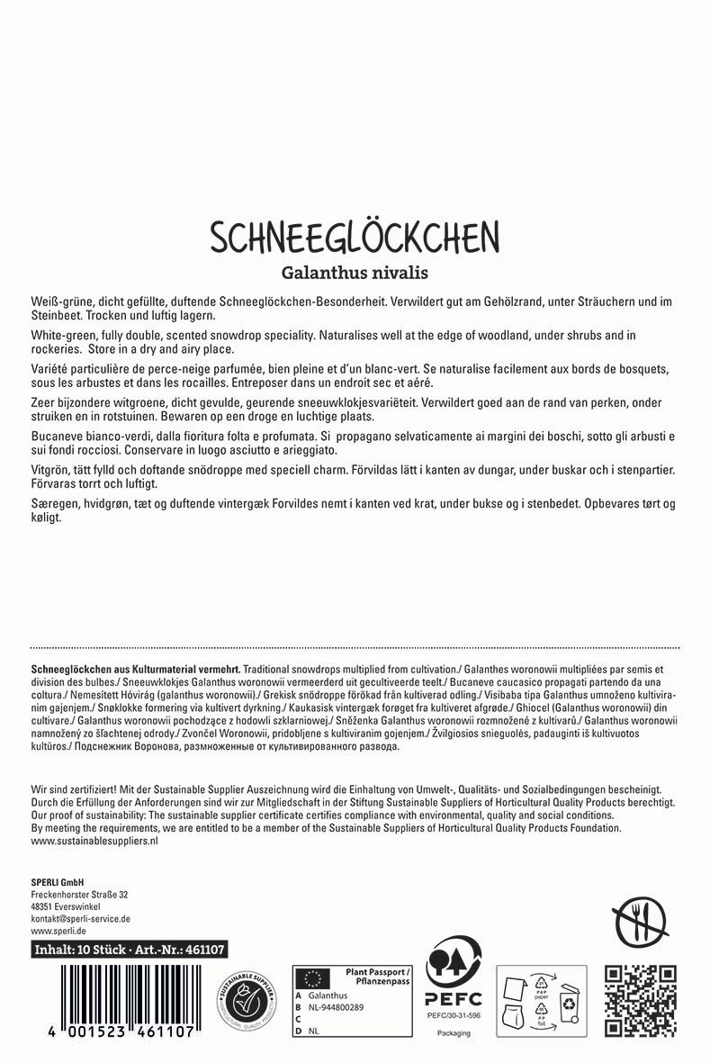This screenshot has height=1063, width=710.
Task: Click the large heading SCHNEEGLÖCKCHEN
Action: click(x=355, y=237)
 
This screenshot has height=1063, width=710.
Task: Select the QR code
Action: click(x=640, y=999)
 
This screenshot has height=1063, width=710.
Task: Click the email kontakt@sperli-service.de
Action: click(x=81, y=919)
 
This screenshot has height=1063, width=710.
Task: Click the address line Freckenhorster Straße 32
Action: click(x=79, y=894)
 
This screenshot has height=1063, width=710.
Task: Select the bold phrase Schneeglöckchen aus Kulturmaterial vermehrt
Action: click(x=135, y=670)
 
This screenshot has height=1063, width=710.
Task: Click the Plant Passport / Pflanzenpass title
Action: click(x=371, y=977)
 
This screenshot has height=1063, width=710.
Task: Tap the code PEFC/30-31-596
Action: click(x=454, y=1015)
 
